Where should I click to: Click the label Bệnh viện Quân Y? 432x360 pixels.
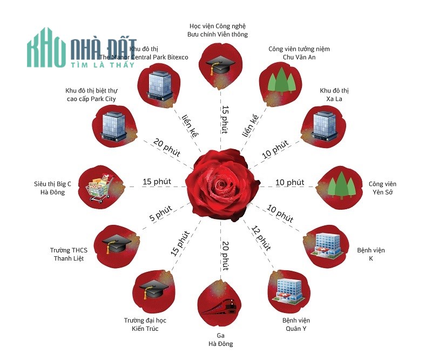(x=296, y=324)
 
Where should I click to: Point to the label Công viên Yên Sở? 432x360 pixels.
(x=382, y=188)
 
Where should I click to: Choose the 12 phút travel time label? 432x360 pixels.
(x=261, y=238)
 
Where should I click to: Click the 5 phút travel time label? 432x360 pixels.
(x=160, y=213)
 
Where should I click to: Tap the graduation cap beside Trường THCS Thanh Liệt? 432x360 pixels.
(x=117, y=244)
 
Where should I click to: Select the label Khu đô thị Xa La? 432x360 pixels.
(x=334, y=95)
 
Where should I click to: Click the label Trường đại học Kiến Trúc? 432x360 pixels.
(x=145, y=324)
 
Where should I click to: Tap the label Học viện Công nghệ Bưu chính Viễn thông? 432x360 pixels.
(x=218, y=30)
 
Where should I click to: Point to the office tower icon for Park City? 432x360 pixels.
(x=114, y=125)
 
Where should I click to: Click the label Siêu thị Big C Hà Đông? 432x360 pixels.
(x=52, y=188)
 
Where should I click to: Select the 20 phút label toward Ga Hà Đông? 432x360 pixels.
(x=225, y=256)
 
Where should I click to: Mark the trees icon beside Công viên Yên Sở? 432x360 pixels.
(x=341, y=185)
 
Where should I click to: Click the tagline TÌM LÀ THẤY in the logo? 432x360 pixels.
(x=103, y=64)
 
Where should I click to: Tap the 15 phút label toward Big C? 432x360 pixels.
(x=157, y=182)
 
